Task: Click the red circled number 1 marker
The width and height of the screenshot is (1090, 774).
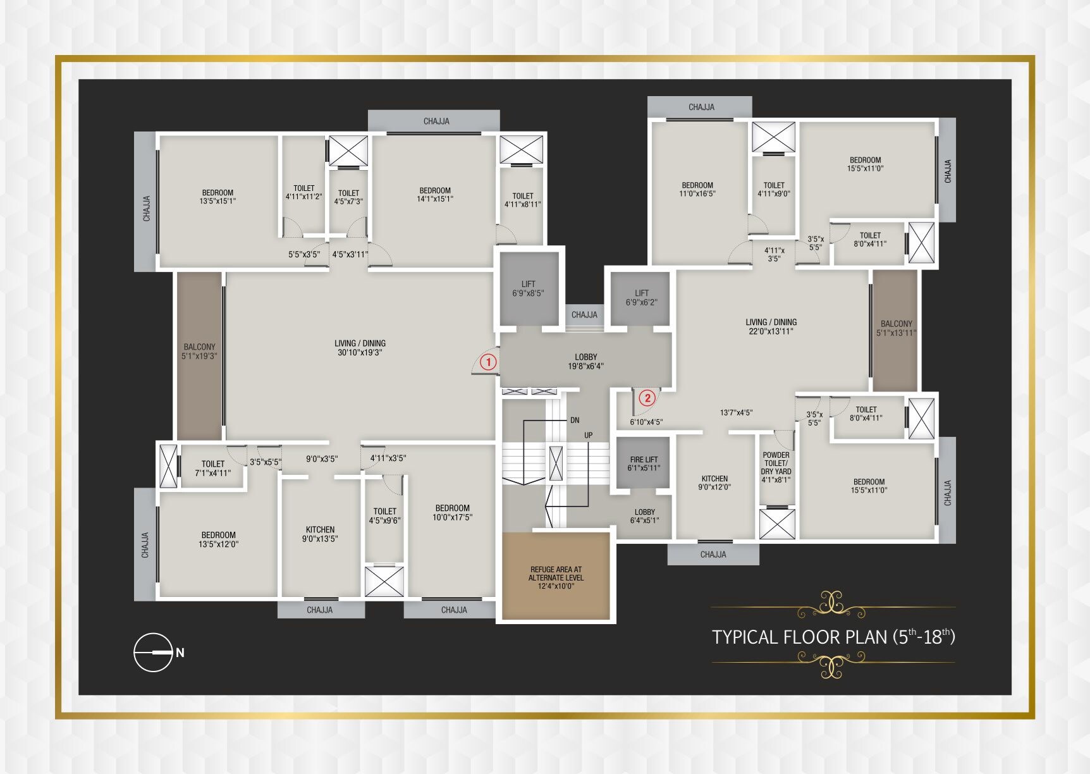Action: coord(488,362)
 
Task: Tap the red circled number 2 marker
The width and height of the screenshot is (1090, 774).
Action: coord(646,398)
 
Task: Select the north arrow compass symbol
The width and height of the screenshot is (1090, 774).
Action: coord(154,652)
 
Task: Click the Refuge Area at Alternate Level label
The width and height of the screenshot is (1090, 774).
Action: coord(556,577)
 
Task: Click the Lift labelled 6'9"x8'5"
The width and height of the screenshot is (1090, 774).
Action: coord(528,288)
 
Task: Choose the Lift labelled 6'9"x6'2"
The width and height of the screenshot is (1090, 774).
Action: coord(641,298)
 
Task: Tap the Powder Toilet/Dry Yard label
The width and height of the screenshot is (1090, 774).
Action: coord(776,467)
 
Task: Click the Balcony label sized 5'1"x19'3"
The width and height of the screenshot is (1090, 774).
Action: coord(199,352)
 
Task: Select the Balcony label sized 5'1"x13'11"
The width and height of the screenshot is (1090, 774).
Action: coord(896,328)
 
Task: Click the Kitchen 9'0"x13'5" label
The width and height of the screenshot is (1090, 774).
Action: coord(320,534)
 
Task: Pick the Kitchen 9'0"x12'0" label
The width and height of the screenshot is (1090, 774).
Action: coord(714,482)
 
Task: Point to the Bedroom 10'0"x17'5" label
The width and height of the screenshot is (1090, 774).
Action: coord(452,512)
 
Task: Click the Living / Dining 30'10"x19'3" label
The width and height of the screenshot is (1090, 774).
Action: coord(360,348)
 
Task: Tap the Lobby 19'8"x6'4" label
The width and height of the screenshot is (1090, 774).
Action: coord(585,361)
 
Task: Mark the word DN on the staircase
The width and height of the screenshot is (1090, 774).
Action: coord(574,420)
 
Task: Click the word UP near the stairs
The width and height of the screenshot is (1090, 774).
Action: coord(588,435)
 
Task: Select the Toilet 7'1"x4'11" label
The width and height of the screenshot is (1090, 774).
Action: coord(212,468)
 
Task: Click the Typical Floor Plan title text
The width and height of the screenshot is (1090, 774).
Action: coord(833,636)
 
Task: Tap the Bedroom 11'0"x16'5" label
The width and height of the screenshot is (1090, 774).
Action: coord(697,189)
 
